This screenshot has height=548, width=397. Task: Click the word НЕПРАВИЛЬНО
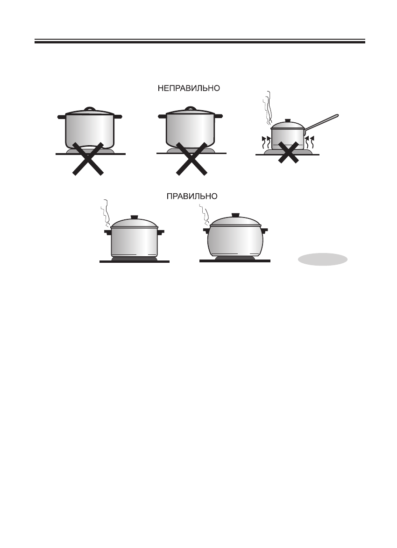click(188, 88)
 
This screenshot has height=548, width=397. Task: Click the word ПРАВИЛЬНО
click(192, 196)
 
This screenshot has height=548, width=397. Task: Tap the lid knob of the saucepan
click(287, 121)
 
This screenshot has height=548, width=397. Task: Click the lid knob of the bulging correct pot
click(234, 214)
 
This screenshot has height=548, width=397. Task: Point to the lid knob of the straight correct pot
click(135, 217)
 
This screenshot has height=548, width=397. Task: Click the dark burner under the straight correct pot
click(135, 259)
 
